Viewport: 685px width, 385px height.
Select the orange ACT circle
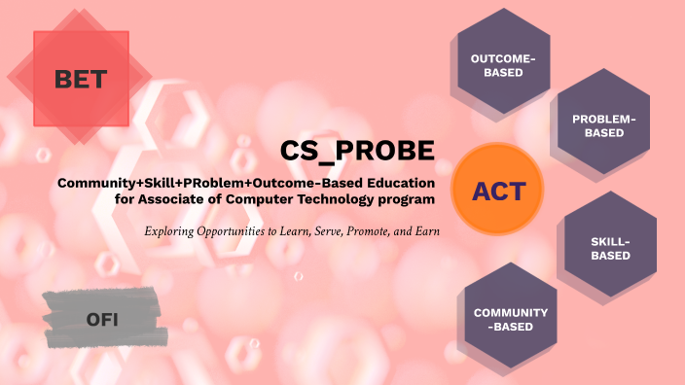[x=499, y=191]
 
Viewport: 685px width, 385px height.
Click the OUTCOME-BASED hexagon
[x=503, y=65]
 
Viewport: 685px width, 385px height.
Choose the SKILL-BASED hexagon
[x=610, y=248]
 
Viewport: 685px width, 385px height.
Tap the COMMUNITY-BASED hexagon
[x=511, y=319]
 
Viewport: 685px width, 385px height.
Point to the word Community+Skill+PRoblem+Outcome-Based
[x=207, y=183]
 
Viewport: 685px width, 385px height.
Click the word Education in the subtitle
[x=397, y=183]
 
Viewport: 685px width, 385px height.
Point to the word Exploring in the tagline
[x=171, y=231]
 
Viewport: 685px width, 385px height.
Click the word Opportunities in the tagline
[x=237, y=231]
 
